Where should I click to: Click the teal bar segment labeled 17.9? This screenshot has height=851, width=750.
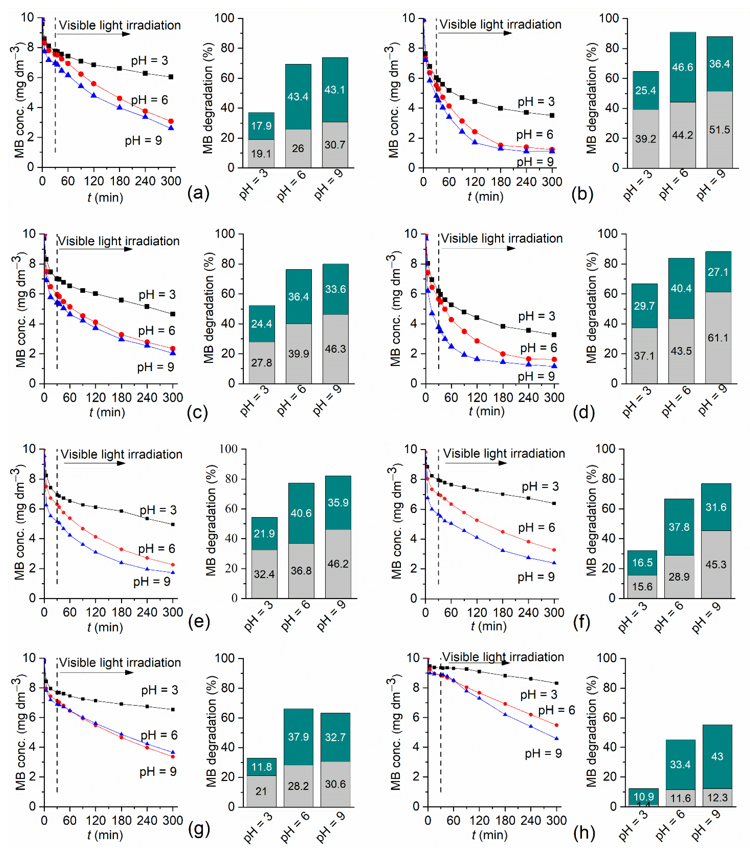261,126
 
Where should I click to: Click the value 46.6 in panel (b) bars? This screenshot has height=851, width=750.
683,67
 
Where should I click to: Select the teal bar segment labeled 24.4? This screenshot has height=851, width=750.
262,324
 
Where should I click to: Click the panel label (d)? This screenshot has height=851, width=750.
584,412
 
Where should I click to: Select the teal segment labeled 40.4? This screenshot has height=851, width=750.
681,288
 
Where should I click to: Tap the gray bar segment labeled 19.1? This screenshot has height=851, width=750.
261,154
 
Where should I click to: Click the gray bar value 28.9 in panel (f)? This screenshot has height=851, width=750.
679,577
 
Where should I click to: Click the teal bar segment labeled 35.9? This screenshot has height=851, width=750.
338,502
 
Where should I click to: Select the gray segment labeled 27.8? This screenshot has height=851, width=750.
262,363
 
